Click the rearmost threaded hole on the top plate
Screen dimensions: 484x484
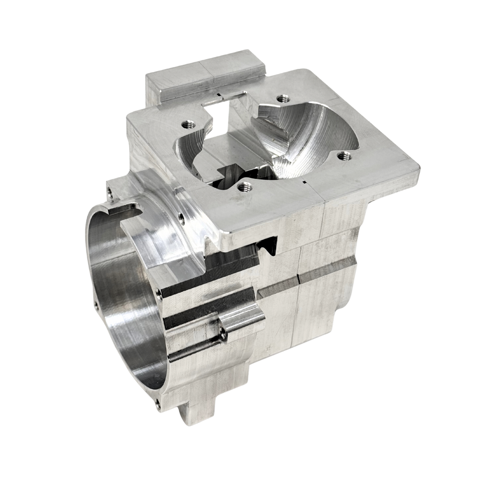coord(282,98)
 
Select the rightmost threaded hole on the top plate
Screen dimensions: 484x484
coord(344,156)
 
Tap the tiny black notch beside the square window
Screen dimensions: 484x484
coord(217,95)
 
